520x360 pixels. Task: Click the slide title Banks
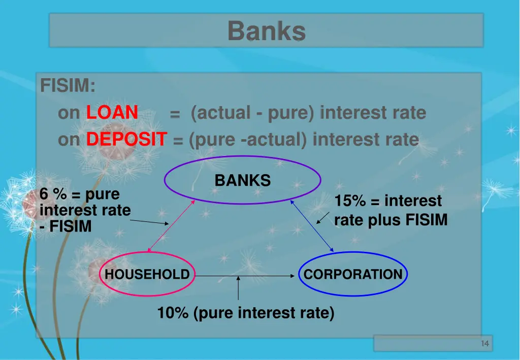pos(266,30)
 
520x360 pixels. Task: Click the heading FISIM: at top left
pos(68,85)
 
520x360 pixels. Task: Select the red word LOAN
pos(112,112)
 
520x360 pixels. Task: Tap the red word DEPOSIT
pos(126,139)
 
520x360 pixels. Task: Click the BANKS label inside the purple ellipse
pos(242,180)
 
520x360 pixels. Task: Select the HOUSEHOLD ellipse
pos(147,275)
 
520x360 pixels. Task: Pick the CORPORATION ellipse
pos(353,275)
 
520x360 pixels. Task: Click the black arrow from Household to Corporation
pos(244,276)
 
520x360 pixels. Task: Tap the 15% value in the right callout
pos(350,201)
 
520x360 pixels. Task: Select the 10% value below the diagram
pos(173,313)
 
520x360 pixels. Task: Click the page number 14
pos(484,344)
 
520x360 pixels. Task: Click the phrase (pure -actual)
pos(248,139)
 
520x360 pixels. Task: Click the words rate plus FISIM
pos(391,220)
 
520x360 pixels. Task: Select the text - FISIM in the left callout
pos(66,226)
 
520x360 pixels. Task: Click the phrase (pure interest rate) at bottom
pos(264,313)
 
